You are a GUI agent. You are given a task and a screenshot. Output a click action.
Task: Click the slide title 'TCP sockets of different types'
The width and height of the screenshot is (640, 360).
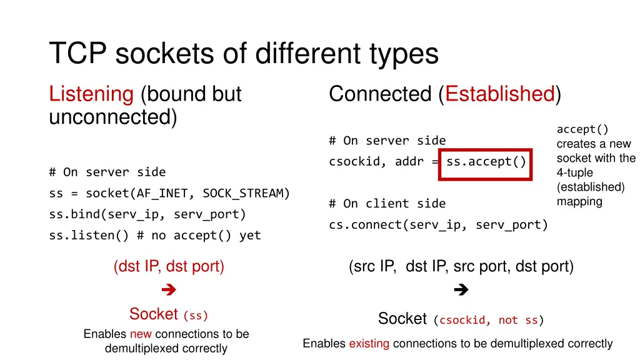(x=244, y=54)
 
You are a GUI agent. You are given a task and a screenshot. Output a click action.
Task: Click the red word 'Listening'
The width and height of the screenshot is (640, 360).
(x=91, y=94)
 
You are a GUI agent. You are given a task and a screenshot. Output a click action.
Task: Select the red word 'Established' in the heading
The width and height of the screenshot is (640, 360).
(x=500, y=94)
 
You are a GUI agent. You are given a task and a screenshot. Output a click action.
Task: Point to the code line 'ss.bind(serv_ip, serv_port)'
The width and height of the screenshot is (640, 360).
(x=147, y=214)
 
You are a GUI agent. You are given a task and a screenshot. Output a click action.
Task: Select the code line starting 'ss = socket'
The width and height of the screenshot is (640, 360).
(x=169, y=193)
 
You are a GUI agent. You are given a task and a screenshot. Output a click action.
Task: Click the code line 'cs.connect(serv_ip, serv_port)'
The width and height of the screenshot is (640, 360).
(x=438, y=225)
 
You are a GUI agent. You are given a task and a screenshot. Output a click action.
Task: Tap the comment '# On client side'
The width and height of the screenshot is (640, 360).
(x=387, y=204)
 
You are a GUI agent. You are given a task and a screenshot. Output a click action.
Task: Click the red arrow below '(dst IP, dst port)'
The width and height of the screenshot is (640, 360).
(x=168, y=289)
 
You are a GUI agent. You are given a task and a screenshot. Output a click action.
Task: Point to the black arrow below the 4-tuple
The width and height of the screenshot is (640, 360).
(x=461, y=289)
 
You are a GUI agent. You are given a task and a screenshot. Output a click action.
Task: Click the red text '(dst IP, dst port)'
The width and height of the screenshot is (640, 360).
(x=169, y=267)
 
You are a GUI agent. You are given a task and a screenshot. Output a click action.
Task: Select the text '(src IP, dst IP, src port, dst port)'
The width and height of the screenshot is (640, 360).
(x=461, y=267)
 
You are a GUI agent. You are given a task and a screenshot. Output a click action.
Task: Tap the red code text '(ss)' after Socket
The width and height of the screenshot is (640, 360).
(x=196, y=315)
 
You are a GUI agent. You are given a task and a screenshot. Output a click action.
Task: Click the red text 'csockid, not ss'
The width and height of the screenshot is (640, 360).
(x=488, y=321)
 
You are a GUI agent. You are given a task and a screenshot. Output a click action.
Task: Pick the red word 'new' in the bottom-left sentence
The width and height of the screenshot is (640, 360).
(x=141, y=334)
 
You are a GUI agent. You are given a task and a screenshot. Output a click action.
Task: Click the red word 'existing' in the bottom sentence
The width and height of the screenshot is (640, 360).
(x=369, y=343)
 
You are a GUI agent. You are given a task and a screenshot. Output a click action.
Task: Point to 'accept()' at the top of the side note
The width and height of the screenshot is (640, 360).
(x=582, y=130)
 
